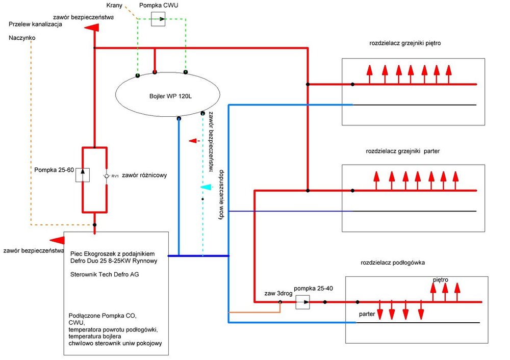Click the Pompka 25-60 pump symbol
(x=83, y=175)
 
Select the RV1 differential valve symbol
(x=107, y=175)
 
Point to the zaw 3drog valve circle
(x=280, y=302)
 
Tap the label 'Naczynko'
(x=22, y=38)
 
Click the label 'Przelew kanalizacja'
(x=35, y=24)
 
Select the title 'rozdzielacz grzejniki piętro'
(x=405, y=43)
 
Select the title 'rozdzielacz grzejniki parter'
(x=403, y=151)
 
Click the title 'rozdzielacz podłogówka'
(x=393, y=263)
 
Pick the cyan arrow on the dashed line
(x=206, y=188)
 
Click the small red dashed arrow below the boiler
(x=193, y=140)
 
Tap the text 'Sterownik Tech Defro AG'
(x=105, y=274)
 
